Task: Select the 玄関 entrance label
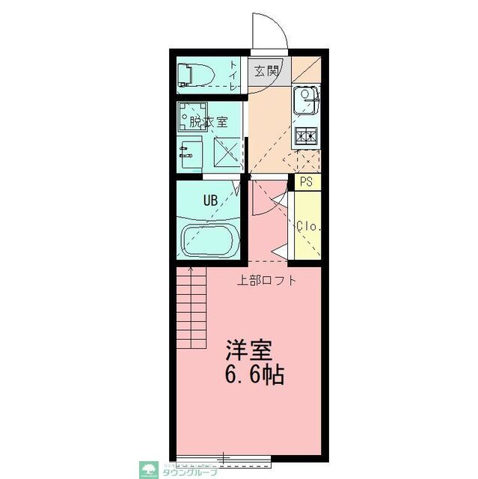pyautogui.click(x=266, y=71)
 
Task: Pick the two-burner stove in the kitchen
pyautogui.click(x=307, y=136)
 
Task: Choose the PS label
pyautogui.click(x=306, y=182)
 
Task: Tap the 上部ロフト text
pyautogui.click(x=267, y=282)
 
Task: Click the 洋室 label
pyautogui.click(x=251, y=351)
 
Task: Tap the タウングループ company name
pyautogui.click(x=189, y=472)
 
